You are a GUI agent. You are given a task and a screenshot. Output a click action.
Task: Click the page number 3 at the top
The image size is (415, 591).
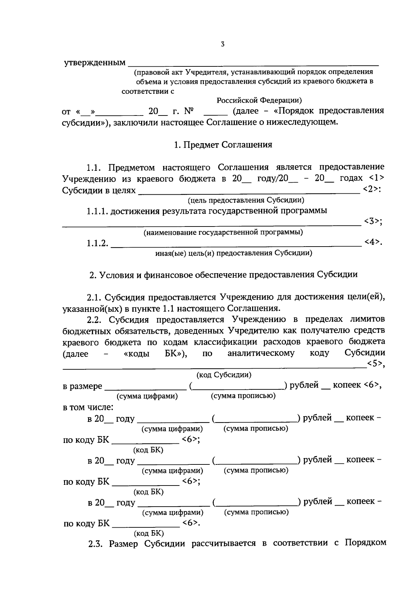[223, 44]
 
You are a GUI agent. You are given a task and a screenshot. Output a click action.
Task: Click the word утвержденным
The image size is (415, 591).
[95, 63]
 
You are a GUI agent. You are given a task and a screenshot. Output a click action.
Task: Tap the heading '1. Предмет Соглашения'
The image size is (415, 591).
[223, 145]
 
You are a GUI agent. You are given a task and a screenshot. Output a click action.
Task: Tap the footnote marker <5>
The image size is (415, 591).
[376, 363]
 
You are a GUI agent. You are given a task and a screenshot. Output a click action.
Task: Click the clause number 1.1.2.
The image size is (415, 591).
[97, 243]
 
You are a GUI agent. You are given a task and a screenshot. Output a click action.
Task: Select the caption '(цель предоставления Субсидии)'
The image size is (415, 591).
[246, 200]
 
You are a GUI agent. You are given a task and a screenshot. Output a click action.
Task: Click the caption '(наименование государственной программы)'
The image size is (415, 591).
[223, 232]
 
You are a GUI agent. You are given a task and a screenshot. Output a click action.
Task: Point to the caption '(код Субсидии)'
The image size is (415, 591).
[224, 375]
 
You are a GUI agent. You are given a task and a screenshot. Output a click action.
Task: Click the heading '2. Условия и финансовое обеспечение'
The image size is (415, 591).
[223, 275]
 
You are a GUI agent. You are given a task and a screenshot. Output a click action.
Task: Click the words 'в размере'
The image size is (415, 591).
[82, 386]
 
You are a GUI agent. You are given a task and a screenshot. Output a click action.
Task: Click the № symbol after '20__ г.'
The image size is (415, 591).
[188, 111]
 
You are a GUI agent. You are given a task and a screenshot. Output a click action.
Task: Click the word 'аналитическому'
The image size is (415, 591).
[261, 353]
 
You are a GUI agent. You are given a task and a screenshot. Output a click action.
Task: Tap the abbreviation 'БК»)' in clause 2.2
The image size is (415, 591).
[176, 353]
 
